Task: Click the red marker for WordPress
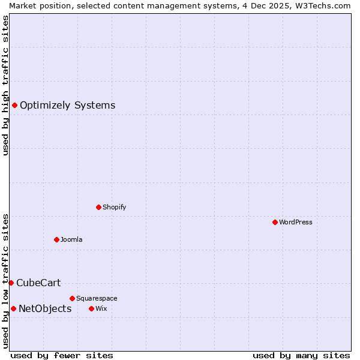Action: click(275, 222)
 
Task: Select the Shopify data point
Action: click(98, 207)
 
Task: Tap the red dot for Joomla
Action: click(56, 239)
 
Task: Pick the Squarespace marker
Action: click(72, 298)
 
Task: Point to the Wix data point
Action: click(91, 308)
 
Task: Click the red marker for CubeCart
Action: click(11, 283)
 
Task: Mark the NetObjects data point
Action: click(13, 308)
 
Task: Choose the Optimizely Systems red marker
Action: click(14, 106)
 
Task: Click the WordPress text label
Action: click(296, 222)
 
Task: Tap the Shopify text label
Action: click(114, 207)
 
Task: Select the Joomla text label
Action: click(71, 239)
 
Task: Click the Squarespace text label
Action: click(97, 298)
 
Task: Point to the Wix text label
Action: click(101, 308)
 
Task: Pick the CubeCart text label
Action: click(38, 283)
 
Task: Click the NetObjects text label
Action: click(45, 308)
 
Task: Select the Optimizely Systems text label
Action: click(67, 106)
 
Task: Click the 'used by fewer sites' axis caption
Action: click(62, 355)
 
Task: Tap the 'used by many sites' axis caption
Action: click(301, 355)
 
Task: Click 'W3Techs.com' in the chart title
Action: click(323, 5)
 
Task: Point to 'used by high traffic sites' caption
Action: click(5, 85)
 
